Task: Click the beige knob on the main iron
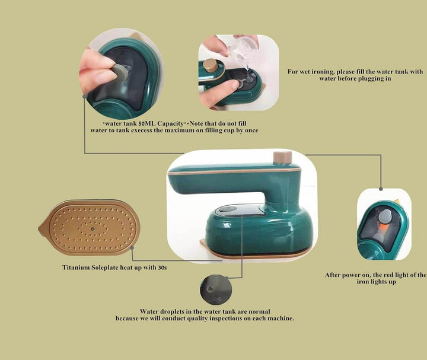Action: point(282,157)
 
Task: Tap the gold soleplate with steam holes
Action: point(89,227)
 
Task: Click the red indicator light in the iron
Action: point(383,227)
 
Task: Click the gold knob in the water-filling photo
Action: point(211,65)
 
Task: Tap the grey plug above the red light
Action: point(384,217)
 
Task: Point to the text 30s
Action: point(162,267)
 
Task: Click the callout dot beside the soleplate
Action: point(132,247)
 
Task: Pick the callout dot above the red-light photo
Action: point(381,189)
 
